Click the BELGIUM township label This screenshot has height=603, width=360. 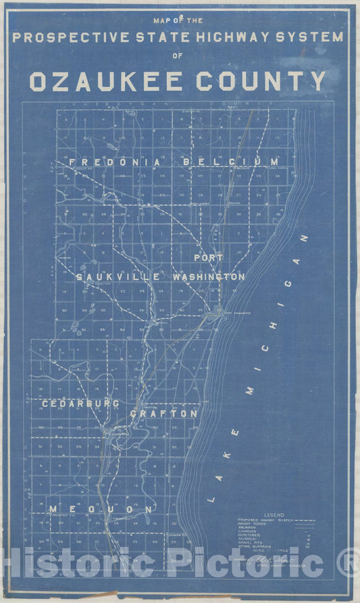click(x=230, y=162)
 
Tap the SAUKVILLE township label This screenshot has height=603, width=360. click(x=118, y=278)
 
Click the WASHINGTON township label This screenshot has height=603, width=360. click(x=208, y=277)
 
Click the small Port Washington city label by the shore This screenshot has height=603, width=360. click(x=237, y=313)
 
